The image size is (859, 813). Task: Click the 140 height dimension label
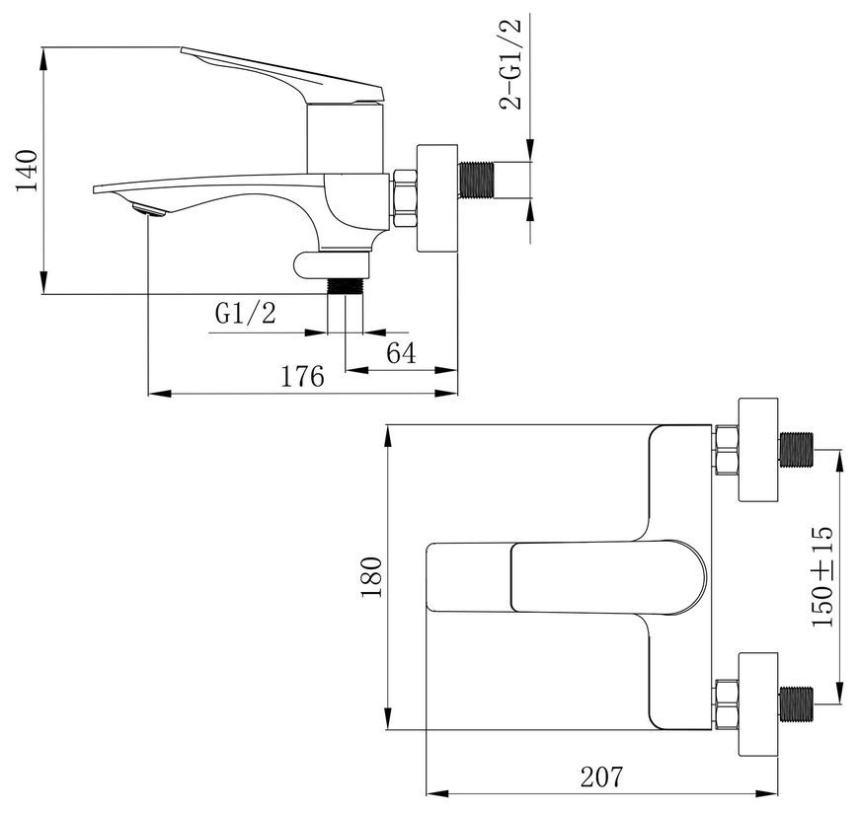[27, 171]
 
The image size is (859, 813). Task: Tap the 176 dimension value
[302, 377]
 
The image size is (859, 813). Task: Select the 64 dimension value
[401, 353]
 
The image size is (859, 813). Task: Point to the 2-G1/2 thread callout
[510, 64]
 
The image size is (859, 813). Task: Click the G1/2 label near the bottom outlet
[246, 314]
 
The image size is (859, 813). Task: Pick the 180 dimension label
[372, 577]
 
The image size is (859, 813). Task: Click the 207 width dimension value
[601, 776]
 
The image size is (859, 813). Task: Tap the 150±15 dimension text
[822, 576]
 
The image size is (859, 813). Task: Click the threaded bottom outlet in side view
[346, 286]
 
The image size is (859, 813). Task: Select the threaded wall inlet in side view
[476, 180]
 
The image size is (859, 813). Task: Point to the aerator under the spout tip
[149, 209]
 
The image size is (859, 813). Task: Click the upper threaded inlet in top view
[797, 450]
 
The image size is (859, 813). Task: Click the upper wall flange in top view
[758, 450]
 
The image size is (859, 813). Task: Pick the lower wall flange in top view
[758, 704]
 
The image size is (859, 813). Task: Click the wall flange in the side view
[437, 198]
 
